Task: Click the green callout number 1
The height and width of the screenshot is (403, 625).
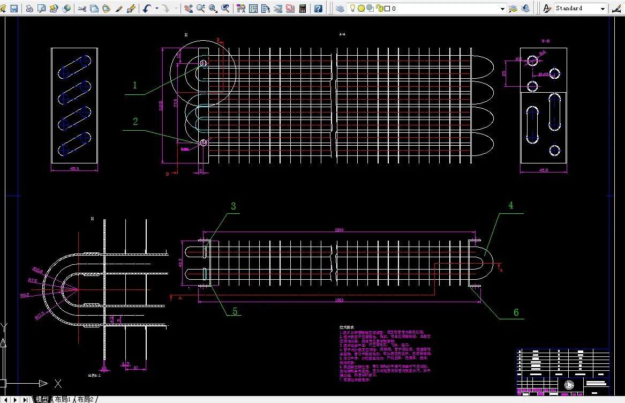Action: pyautogui.click(x=135, y=85)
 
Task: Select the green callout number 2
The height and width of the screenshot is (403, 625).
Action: pyautogui.click(x=135, y=122)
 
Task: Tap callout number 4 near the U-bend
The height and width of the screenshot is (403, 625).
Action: pyautogui.click(x=510, y=205)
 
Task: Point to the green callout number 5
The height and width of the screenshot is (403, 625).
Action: pyautogui.click(x=235, y=311)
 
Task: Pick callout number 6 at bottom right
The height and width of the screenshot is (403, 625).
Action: pyautogui.click(x=516, y=312)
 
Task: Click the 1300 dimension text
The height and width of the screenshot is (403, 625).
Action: pyautogui.click(x=338, y=230)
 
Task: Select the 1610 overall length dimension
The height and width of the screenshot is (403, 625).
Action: pyautogui.click(x=338, y=300)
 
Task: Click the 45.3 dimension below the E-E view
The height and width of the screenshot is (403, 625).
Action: pyautogui.click(x=544, y=170)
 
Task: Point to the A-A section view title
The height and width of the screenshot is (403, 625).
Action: pyautogui.click(x=342, y=34)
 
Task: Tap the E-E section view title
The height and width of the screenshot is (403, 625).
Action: pyautogui.click(x=546, y=41)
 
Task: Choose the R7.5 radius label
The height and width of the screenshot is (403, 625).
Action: pyautogui.click(x=32, y=280)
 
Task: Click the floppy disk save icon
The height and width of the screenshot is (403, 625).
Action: pyautogui.click(x=14, y=9)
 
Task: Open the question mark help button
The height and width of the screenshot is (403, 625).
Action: pyautogui.click(x=318, y=9)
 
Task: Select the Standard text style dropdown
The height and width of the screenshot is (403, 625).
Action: pyautogui.click(x=581, y=9)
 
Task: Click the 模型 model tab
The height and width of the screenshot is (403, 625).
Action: pyautogui.click(x=41, y=399)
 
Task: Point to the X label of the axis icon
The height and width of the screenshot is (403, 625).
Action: pyautogui.click(x=58, y=384)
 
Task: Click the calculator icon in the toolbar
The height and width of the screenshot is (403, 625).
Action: pyautogui.click(x=303, y=9)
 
